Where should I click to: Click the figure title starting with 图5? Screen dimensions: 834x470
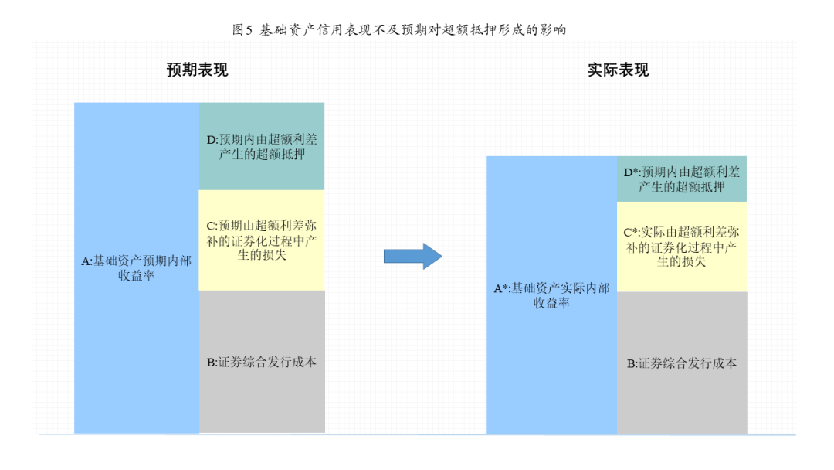[x=399, y=30]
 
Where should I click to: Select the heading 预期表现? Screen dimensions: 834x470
[x=198, y=70]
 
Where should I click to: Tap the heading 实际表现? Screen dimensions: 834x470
[x=618, y=70]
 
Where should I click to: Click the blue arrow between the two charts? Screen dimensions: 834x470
[x=412, y=257]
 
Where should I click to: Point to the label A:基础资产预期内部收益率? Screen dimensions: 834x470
[x=137, y=267]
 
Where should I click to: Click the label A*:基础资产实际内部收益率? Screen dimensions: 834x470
[x=551, y=295]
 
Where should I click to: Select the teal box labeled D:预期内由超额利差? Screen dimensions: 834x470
[x=262, y=146]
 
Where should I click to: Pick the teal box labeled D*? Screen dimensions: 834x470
[x=682, y=179]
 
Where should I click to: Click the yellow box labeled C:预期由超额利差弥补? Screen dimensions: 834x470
[x=262, y=240]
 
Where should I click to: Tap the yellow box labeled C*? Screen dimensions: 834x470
[x=682, y=247]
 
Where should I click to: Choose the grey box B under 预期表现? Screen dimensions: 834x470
[x=262, y=362]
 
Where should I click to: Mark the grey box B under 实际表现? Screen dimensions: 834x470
[x=682, y=363]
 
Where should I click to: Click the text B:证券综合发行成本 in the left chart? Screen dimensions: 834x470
[x=262, y=362]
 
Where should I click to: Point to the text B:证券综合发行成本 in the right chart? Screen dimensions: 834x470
[x=682, y=363]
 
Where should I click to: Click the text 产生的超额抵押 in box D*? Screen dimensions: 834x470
[x=682, y=187]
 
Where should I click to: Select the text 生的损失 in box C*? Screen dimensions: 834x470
[x=682, y=262]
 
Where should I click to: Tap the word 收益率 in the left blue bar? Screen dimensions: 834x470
[x=137, y=275]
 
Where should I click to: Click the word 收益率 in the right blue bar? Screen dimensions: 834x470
[x=551, y=303]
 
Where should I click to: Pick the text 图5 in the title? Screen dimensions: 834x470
[x=242, y=30]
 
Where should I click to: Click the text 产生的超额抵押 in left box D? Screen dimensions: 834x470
[x=262, y=155]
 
